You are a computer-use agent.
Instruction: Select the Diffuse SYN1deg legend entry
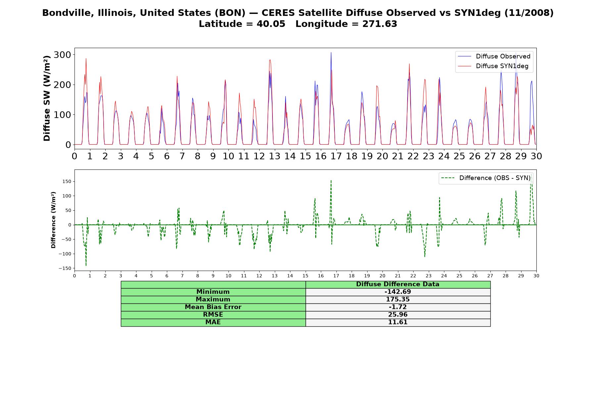[x=493, y=66]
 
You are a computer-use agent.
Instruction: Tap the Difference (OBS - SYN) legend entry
[x=486, y=178]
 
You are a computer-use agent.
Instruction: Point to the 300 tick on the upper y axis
[x=63, y=55]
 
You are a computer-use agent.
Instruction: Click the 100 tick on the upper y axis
[x=63, y=115]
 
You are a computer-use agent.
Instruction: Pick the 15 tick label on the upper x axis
[x=305, y=156]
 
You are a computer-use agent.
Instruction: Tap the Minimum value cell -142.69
[x=398, y=292]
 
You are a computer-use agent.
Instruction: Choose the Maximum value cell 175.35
[x=398, y=299]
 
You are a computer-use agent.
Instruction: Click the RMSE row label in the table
[x=213, y=315]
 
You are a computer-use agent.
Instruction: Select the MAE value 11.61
[x=398, y=322]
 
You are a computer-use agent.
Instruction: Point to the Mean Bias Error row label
[x=213, y=307]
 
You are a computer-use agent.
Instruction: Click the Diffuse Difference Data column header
[x=398, y=284]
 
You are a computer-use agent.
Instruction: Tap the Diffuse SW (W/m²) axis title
[x=47, y=99]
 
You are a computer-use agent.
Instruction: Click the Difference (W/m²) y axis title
[x=53, y=220]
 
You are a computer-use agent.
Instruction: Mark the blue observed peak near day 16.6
[x=331, y=52]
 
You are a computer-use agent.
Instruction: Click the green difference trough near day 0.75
[x=86, y=265]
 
